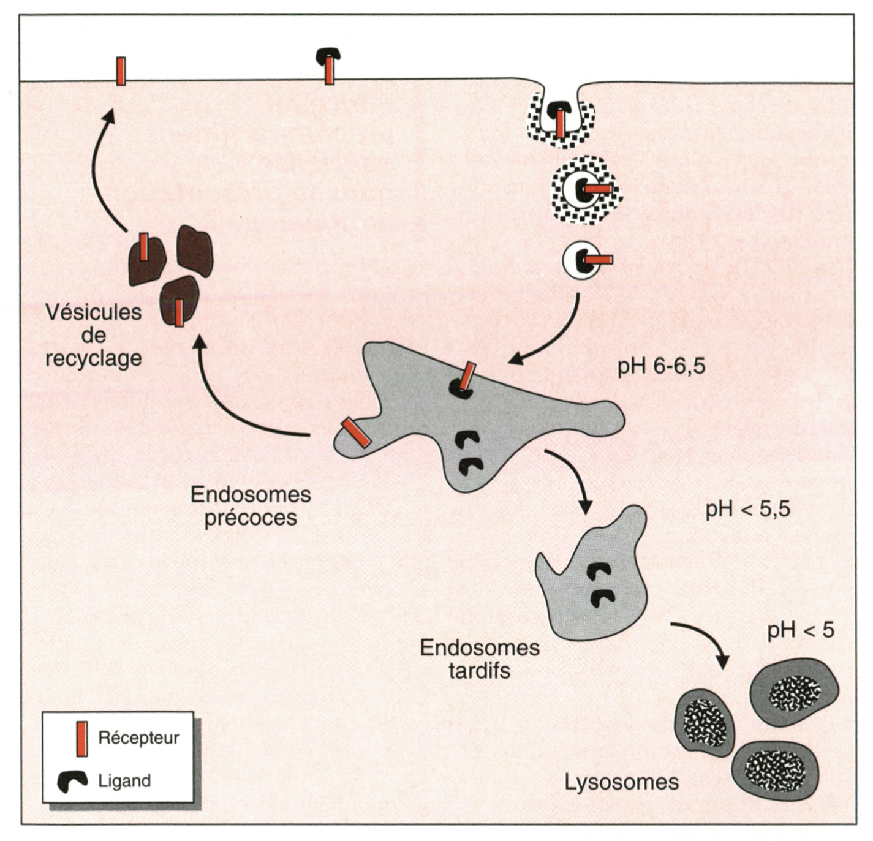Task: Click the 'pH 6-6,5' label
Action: click(661, 367)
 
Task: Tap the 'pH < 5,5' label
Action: click(747, 510)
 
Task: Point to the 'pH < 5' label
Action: click(801, 630)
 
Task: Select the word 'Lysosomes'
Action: click(621, 782)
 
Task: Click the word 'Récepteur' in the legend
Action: click(138, 738)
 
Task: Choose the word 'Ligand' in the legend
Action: click(124, 781)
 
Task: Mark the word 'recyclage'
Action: click(94, 358)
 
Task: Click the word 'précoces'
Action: click(251, 518)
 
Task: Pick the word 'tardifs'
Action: click(479, 671)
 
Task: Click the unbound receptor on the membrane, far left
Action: click(121, 71)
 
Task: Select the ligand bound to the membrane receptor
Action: click(329, 55)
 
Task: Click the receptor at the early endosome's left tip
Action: click(355, 432)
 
